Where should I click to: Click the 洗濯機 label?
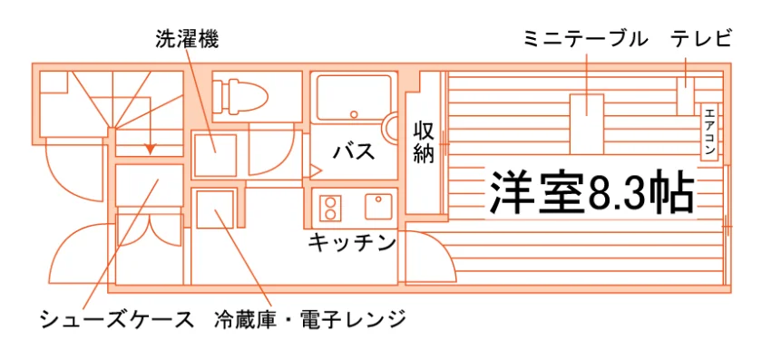tap(187, 39)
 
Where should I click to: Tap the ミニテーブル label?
tap(586, 39)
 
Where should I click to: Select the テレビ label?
tap(700, 39)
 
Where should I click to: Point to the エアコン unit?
tap(709, 131)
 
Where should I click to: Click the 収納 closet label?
tap(424, 142)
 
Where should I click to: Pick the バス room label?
tap(354, 151)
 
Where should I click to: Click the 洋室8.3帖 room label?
tap(591, 192)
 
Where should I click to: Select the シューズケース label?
tap(117, 320)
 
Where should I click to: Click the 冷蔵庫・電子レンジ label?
tap(310, 320)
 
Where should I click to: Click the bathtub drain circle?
tap(355, 114)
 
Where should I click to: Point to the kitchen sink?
tap(379, 207)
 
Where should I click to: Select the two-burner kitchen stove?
tap(330, 208)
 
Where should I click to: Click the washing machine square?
tap(215, 155)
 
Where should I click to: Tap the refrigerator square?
tap(215, 209)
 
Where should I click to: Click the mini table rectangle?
tap(587, 124)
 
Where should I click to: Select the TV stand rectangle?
tap(686, 96)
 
